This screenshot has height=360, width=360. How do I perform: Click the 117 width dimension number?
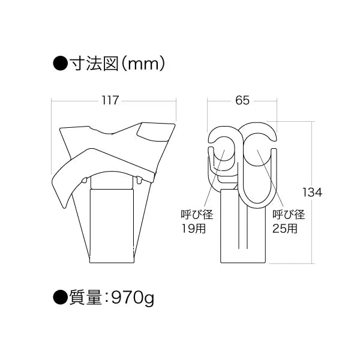tap(110, 100)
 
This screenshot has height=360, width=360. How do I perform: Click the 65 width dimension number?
tap(242, 100)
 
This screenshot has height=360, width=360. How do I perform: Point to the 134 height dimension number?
tap(312, 193)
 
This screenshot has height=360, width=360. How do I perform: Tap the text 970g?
tap(132, 298)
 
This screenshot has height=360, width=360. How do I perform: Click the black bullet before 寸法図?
tap(60, 64)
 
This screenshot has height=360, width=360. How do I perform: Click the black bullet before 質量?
tap(60, 298)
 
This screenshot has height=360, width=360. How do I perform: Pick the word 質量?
tap(85, 298)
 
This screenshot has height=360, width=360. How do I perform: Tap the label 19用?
tap(194, 229)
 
